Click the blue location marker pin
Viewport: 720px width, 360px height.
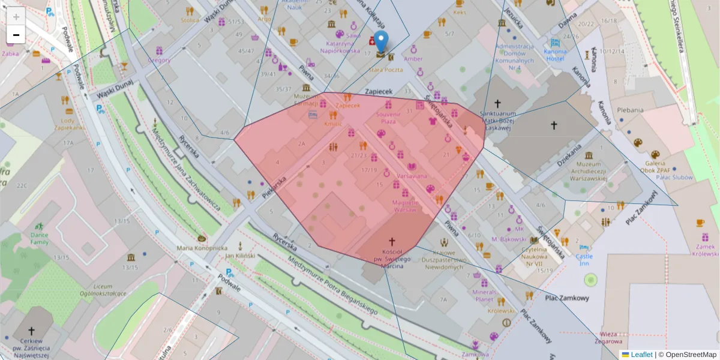click(381, 42)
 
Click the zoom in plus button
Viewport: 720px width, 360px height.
click(16, 16)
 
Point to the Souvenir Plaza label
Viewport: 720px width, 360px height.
click(388, 117)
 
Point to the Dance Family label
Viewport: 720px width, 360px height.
click(40, 238)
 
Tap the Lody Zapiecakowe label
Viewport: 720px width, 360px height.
click(71, 124)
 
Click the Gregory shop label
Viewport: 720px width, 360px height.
click(159, 60)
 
